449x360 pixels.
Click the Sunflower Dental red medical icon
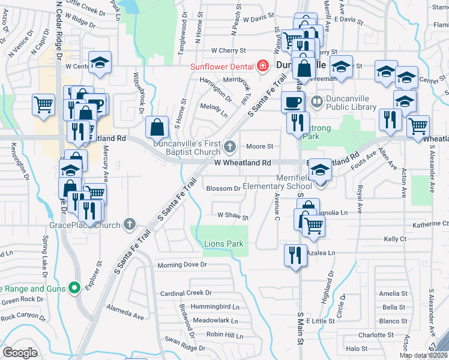pyautogui.click(x=262, y=66)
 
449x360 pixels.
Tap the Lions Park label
pyautogui.click(x=224, y=244)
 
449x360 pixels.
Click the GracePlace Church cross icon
pyautogui.click(x=128, y=225)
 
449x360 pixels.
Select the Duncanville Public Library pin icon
pyautogui.click(x=317, y=101)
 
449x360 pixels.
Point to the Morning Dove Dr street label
pyautogui.click(x=182, y=265)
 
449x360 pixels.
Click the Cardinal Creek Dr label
pyautogui.click(x=186, y=293)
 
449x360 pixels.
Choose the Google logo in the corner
pyautogui.click(x=20, y=352)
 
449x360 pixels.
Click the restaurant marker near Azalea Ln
pyautogui.click(x=295, y=254)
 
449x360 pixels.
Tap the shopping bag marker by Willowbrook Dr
pyautogui.click(x=157, y=127)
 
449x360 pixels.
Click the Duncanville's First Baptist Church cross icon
pyautogui.click(x=229, y=146)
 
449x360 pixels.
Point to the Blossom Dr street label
pyautogui.click(x=223, y=188)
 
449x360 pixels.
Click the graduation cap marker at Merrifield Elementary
pyautogui.click(x=321, y=171)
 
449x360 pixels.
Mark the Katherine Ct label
pyautogui.click(x=430, y=223)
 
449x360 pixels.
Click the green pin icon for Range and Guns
pyautogui.click(x=74, y=289)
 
